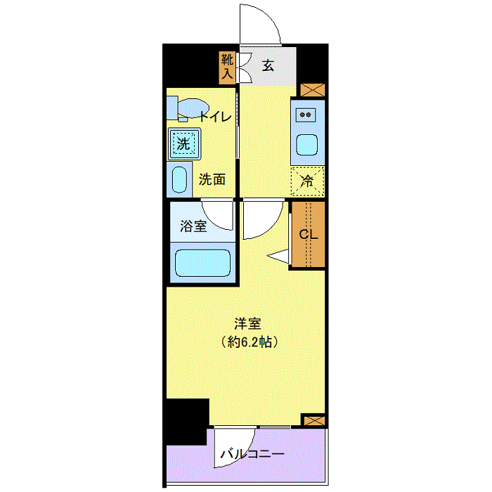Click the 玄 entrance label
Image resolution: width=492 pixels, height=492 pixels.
[x=268, y=66]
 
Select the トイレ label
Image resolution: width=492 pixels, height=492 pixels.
[x=214, y=117]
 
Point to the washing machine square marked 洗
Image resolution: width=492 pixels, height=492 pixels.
[x=183, y=145]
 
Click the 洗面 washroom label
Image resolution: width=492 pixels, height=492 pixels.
[x=212, y=179]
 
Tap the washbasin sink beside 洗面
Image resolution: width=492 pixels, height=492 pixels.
[x=179, y=179]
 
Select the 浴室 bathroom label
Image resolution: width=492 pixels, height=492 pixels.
[x=193, y=226]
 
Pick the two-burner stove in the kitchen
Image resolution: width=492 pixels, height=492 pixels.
[x=306, y=114]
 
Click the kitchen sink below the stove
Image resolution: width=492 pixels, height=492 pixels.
[x=306, y=145]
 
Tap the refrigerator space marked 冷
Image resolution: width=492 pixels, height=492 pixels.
[x=307, y=180]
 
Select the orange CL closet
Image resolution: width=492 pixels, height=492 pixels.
[x=308, y=234]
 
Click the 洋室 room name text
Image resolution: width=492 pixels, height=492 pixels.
[x=247, y=324]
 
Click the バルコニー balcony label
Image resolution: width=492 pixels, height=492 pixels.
[x=252, y=454]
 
